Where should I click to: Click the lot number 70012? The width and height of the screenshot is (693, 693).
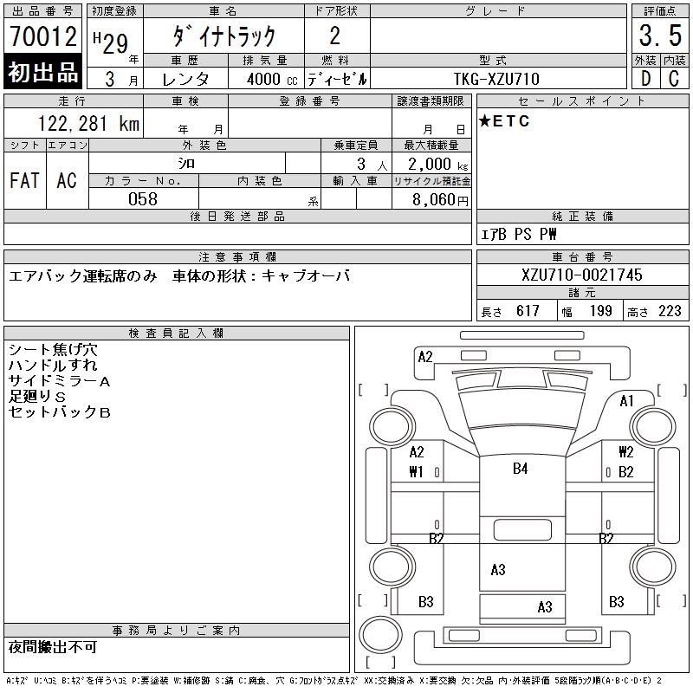pos(43,37)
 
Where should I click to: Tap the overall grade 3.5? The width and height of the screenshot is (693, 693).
pos(660,36)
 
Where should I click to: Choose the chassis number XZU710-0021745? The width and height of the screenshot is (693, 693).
pos(582,275)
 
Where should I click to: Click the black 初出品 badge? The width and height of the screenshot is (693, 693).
pos(43,73)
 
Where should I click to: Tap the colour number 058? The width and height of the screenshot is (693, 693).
pos(143,199)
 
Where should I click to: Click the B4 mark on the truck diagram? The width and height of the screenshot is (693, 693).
pos(520,469)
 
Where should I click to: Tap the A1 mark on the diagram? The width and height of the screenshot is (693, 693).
pos(627,401)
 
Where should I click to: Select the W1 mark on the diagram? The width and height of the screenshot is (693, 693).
pos(417,472)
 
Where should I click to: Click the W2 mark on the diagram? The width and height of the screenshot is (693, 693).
pos(625,452)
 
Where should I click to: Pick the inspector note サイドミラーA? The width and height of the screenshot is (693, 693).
pos(59,380)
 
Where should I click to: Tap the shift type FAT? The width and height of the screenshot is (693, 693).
pos(24,180)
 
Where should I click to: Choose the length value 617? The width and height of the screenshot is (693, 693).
pos(528,311)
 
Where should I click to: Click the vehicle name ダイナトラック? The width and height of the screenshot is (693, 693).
pos(224,36)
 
